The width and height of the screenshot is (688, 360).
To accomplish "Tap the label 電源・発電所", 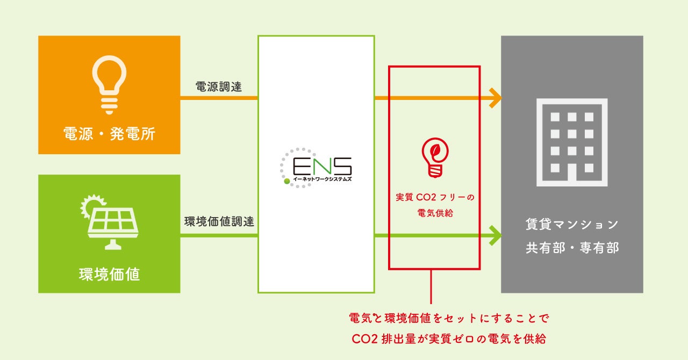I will pos(109,134).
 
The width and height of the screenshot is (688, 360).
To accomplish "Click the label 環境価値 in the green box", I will pos(109,274).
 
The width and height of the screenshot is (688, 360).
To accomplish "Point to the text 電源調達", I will pos(219,87).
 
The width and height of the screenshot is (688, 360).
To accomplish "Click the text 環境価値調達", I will pos(219,221).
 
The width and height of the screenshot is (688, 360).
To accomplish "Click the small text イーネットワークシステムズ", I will pos(322,179).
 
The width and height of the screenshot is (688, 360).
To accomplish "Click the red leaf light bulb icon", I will pos(434,157).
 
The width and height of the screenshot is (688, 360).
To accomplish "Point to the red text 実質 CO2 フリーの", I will pos(435,197).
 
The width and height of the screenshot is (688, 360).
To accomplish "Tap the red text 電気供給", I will pos(435,213).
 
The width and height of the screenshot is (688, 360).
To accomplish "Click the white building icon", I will pos(572,142).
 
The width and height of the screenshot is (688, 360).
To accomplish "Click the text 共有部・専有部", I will pos(572,248).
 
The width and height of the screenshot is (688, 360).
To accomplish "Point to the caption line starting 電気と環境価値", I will pos(449,318).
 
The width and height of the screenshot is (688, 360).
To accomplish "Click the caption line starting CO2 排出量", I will pos(449,340).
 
